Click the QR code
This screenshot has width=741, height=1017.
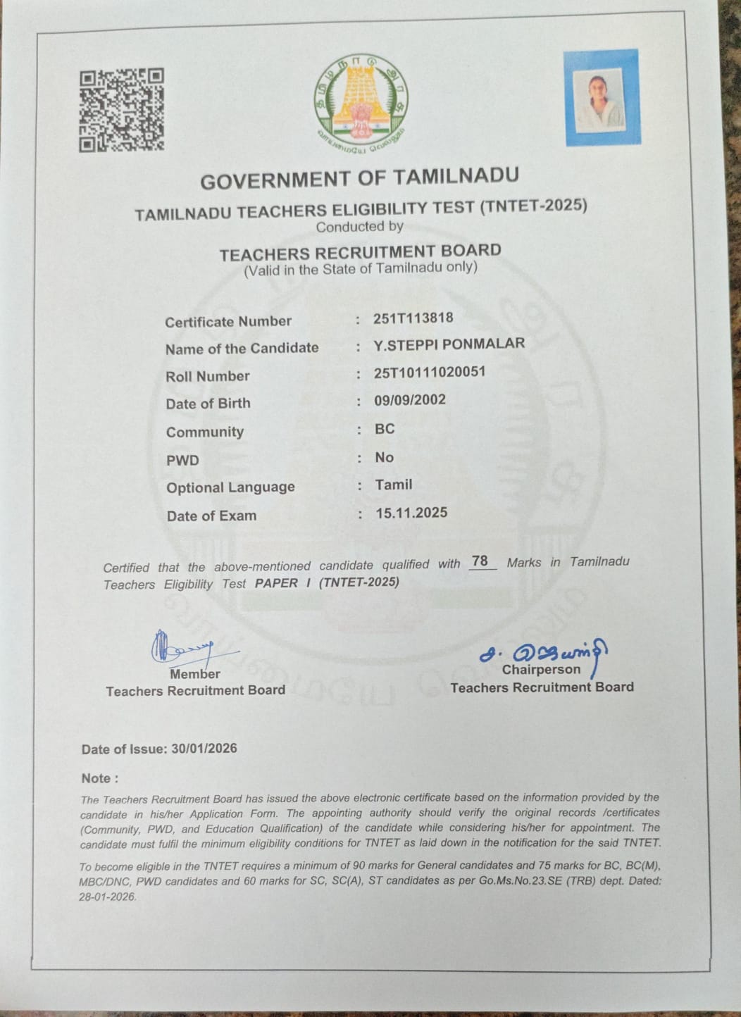pos(121,110)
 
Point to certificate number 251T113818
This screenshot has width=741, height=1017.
pos(413,318)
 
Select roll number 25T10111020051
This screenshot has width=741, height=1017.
pos(430,372)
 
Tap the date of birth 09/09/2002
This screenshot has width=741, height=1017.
pos(410,400)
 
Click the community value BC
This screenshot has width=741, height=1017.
pos(385,429)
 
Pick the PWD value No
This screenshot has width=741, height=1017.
pos(384,457)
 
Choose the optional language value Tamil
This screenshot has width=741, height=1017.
pos(394,485)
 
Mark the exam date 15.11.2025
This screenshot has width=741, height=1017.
pos(411,513)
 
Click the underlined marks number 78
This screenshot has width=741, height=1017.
pos(480,561)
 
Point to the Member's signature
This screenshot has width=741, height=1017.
pos(180,647)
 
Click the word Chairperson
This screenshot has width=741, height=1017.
pos(541,670)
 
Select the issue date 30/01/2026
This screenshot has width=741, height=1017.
pos(204,749)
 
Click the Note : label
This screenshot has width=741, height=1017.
pos(99,778)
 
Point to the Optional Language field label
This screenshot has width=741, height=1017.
pos(230,487)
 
